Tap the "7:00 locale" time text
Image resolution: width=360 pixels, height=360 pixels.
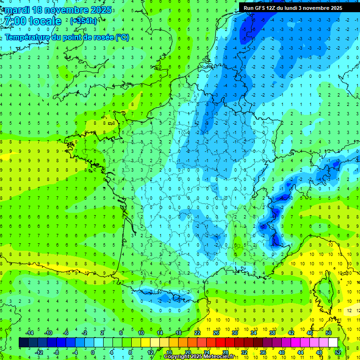pyautogui.click(x=31, y=21)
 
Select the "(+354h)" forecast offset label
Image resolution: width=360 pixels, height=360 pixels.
pyautogui.click(x=83, y=21)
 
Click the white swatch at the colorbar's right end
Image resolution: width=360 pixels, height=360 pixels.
pyautogui.click(x=333, y=343)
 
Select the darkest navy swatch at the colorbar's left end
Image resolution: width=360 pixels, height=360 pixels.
pyautogui.click(x=23, y=343)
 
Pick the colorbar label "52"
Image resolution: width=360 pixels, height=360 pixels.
pyautogui.click(x=338, y=352)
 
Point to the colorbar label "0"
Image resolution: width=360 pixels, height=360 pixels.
pyautogui.click(x=93, y=352)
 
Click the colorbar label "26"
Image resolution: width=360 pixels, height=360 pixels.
pyautogui.click(x=216, y=333)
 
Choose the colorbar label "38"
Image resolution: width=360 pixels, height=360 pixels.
pyautogui.click(x=272, y=333)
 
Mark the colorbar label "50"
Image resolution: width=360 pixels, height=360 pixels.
pyautogui.click(x=329, y=333)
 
